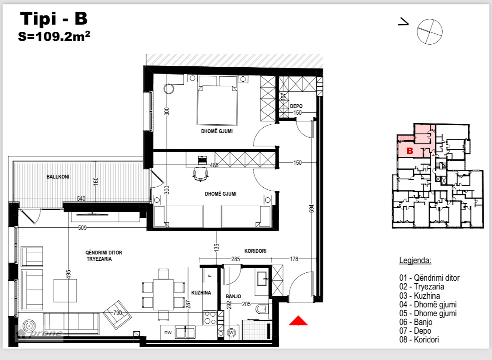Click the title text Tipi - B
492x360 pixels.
click(54, 18)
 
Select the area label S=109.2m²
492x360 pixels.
click(54, 36)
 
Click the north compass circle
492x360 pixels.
click(429, 31)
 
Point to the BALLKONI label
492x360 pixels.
click(58, 177)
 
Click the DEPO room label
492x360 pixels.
click(296, 106)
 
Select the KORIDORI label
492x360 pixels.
click(255, 251)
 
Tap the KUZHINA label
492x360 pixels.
click(201, 292)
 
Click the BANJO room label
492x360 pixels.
click(233, 296)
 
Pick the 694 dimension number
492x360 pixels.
click(312, 209)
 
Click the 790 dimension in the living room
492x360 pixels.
click(118, 312)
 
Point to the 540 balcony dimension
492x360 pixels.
click(81, 199)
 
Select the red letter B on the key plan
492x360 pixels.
click(410, 151)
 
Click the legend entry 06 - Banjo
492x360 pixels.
click(416, 322)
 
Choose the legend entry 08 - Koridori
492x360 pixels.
click(419, 340)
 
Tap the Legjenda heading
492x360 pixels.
click(415, 261)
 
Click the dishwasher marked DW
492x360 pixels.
click(168, 333)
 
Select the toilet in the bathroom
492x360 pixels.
click(262, 309)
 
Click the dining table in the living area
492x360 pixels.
click(163, 295)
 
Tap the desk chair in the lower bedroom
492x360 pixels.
click(200, 174)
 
